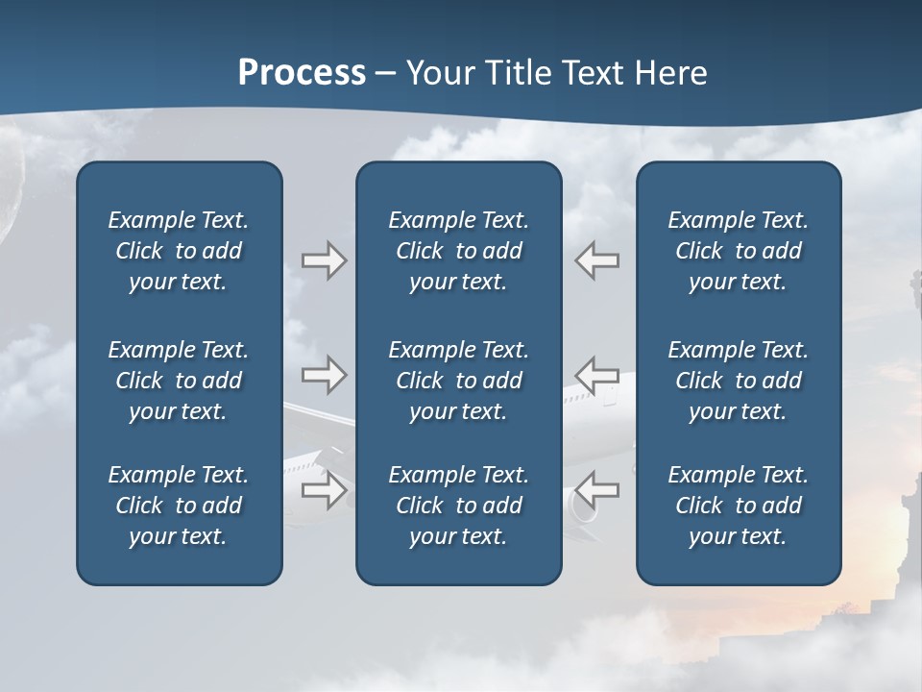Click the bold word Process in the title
pyautogui.click(x=302, y=73)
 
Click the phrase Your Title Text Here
pyautogui.click(x=556, y=73)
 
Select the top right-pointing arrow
pyautogui.click(x=324, y=260)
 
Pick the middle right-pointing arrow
pyautogui.click(x=324, y=375)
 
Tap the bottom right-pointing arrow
pyautogui.click(x=324, y=490)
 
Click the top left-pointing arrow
pyautogui.click(x=597, y=260)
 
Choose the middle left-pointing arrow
pyautogui.click(x=597, y=375)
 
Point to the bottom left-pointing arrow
pyautogui.click(x=597, y=490)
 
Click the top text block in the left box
pyautogui.click(x=179, y=251)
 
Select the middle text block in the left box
pyautogui.click(x=179, y=381)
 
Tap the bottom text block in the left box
pyautogui.click(x=179, y=506)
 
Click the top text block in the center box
pyautogui.click(x=458, y=251)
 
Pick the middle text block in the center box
pyautogui.click(x=458, y=381)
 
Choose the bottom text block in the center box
pyautogui.click(x=458, y=506)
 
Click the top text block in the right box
pyautogui.click(x=738, y=251)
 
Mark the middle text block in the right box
pyautogui.click(x=738, y=381)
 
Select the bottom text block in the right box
pyautogui.click(x=738, y=506)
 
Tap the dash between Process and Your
pyautogui.click(x=386, y=75)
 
